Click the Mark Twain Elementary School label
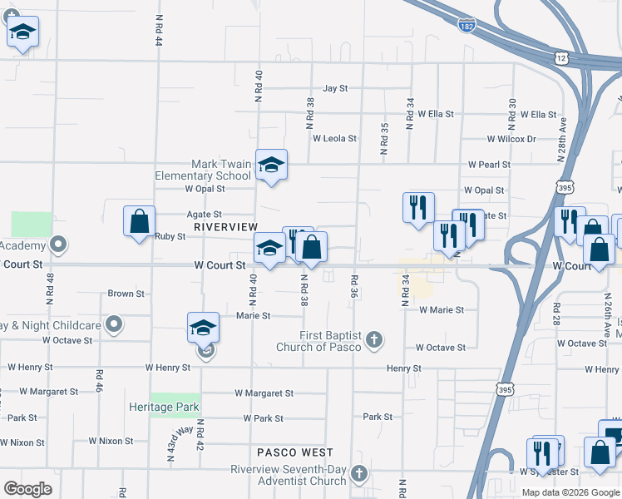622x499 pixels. click(x=203, y=170)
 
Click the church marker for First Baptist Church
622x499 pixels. click(x=374, y=338)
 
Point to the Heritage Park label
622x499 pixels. click(x=165, y=407)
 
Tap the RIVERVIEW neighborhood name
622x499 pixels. click(x=225, y=226)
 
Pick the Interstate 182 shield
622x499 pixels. click(x=466, y=27)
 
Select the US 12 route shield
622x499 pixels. click(x=560, y=57)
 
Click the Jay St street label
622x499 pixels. click(x=335, y=87)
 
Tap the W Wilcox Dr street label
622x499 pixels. click(x=511, y=139)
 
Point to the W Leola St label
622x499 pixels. click(x=334, y=139)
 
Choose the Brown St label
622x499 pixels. click(x=126, y=294)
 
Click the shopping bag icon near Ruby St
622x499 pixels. click(x=139, y=222)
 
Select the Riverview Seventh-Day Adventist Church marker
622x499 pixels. click(x=358, y=474)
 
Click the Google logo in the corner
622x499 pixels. click(x=28, y=489)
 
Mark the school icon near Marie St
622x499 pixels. click(x=204, y=329)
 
